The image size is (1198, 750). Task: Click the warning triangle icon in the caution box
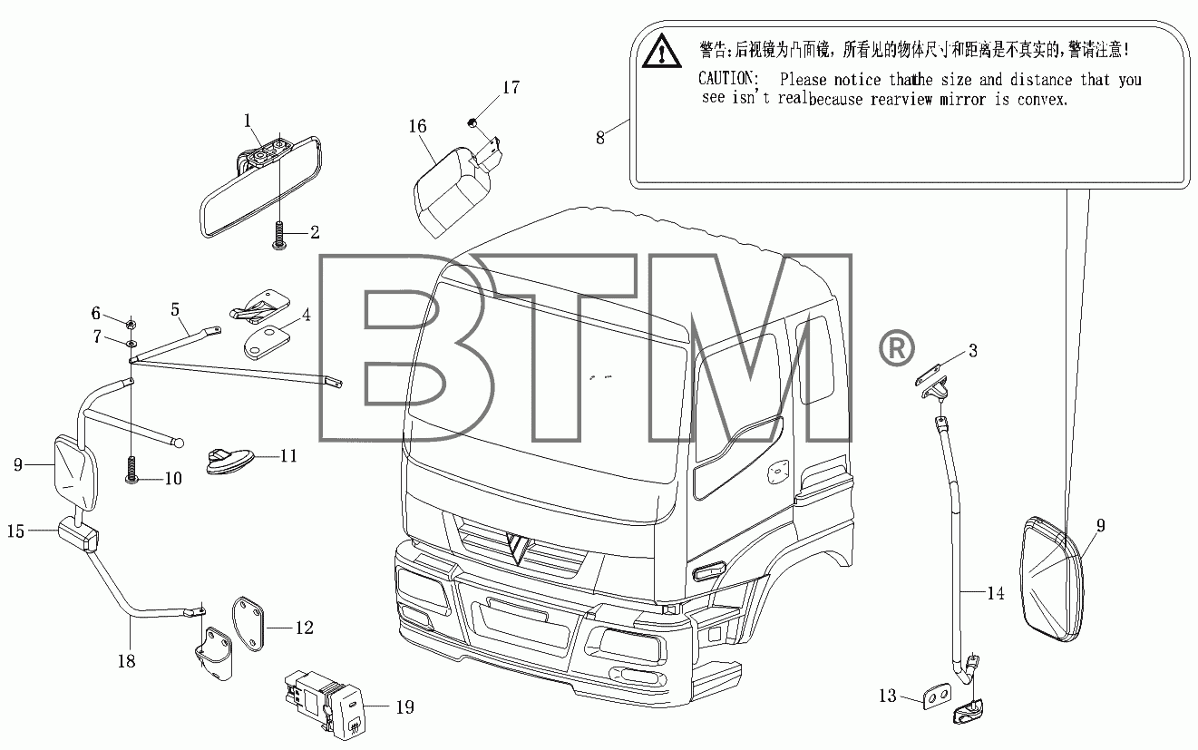click(661, 52)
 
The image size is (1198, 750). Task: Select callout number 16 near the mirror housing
click(417, 126)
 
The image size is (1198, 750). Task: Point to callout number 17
click(511, 87)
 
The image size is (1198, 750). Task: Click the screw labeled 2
click(278, 236)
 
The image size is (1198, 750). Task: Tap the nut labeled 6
click(130, 324)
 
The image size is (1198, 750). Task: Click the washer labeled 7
click(131, 343)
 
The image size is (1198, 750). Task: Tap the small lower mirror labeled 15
click(78, 533)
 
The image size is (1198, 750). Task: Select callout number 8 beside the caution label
click(600, 138)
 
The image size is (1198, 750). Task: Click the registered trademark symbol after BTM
click(896, 348)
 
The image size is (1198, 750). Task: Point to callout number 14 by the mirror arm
click(995, 593)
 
